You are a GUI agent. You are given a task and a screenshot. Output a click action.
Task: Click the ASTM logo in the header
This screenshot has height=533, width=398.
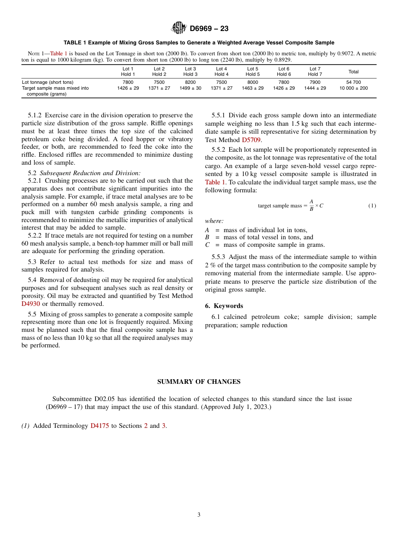tap(179, 28)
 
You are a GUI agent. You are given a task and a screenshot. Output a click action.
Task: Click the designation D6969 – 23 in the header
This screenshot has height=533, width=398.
tap(209, 29)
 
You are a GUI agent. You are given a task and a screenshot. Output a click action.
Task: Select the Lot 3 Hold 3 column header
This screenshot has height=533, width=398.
tap(190, 72)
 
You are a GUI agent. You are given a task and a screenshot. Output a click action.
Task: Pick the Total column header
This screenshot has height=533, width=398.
tap(354, 72)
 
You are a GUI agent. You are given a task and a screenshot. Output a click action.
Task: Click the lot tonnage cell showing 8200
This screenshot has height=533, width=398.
tap(190, 83)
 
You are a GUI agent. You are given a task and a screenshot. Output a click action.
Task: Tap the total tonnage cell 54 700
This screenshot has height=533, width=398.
tap(354, 83)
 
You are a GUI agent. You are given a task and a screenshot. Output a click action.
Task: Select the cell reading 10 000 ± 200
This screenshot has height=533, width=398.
tap(354, 88)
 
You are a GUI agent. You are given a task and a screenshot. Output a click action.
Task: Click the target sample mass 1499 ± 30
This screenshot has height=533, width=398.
tap(190, 88)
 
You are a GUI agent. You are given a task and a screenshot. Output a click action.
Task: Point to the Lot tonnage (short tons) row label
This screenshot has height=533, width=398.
tap(47, 83)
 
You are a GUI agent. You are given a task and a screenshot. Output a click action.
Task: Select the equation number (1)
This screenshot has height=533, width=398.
tap(372, 206)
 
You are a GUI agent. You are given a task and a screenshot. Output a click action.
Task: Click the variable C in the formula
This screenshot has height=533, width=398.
tap(321, 206)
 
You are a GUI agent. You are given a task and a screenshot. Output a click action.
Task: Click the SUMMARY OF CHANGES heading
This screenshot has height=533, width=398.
tap(199, 382)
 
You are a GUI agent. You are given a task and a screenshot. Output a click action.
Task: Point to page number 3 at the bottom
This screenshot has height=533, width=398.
tap(199, 515)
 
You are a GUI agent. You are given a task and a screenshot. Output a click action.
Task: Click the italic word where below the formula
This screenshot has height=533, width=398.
tap(214, 221)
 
